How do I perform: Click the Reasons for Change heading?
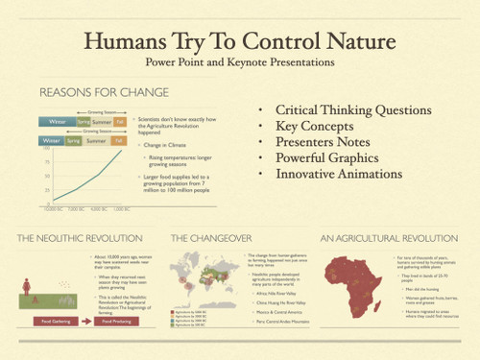(104, 92)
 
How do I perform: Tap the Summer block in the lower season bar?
(96, 141)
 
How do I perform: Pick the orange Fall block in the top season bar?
(120, 122)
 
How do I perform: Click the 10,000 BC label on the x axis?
(52, 207)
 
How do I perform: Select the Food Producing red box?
(116, 322)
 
